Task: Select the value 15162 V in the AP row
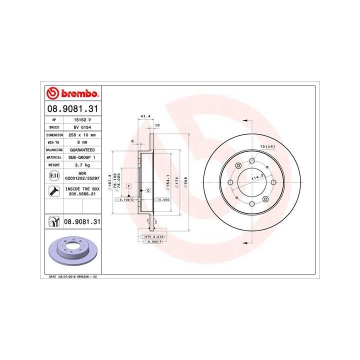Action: [83, 120]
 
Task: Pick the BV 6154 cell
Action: [83, 127]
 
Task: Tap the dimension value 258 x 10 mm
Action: [83, 135]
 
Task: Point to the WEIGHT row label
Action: [53, 164]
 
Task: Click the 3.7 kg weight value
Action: [83, 164]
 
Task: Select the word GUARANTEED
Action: [83, 149]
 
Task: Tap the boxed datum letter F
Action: [128, 185]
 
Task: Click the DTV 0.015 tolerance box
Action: [155, 235]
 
